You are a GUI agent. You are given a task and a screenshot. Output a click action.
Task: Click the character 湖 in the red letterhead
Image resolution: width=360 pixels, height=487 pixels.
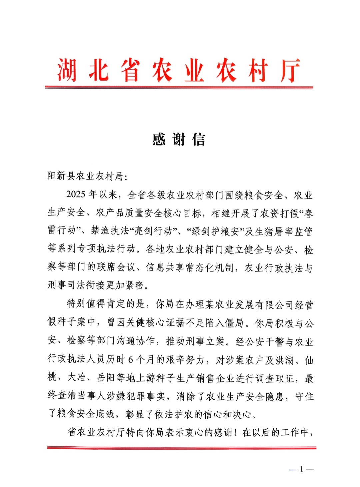pyautogui.click(x=66, y=70)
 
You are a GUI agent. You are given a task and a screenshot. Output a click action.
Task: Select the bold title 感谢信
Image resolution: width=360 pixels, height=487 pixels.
pyautogui.click(x=179, y=140)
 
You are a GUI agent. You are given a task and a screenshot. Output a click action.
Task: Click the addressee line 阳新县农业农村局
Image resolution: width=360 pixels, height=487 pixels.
pyautogui.click(x=85, y=176)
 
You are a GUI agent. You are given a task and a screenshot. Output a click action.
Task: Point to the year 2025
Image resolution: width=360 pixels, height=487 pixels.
pyautogui.click(x=76, y=195)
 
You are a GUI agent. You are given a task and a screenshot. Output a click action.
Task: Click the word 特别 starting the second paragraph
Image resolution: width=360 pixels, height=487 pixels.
pyautogui.click(x=76, y=304)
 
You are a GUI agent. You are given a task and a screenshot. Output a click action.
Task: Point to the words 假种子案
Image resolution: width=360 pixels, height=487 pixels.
pyautogui.click(x=71, y=322)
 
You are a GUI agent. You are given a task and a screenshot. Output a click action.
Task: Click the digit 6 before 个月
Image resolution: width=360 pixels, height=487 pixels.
pyautogui.click(x=131, y=359)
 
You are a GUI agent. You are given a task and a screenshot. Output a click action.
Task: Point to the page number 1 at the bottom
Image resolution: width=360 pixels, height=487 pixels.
pyautogui.click(x=302, y=469)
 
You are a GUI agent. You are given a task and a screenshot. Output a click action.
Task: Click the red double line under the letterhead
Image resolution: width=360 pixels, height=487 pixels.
pyautogui.click(x=179, y=88)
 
